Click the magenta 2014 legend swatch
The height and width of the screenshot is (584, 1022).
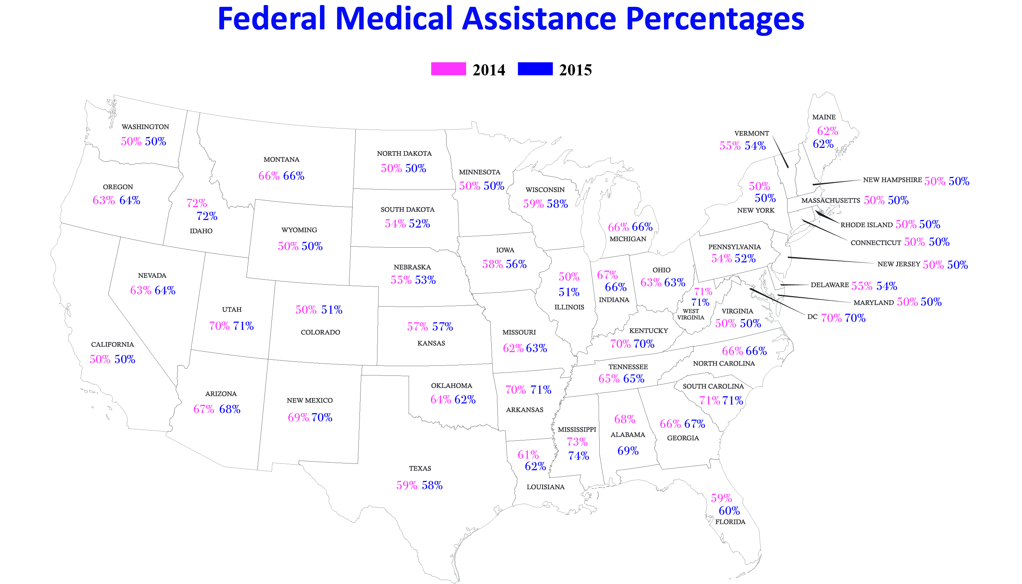pos(448,69)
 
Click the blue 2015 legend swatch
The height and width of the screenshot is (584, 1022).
pos(535,69)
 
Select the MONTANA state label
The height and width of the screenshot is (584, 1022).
pos(281,160)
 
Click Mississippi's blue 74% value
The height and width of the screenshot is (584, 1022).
pos(578,456)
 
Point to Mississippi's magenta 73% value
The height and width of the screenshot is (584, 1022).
pos(577,442)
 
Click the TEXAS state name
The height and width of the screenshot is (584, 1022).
pos(420,468)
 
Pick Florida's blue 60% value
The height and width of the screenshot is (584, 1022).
pos(729,511)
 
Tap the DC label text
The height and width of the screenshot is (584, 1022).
pos(812,317)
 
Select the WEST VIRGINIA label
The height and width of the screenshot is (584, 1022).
pos(691,314)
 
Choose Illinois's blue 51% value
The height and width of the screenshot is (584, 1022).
pos(568,293)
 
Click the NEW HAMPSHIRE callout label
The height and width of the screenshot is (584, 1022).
pos(892,180)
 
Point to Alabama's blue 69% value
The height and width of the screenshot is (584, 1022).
pos(628,451)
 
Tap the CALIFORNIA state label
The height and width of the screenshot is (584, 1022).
pos(112,345)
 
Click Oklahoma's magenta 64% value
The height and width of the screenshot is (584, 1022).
pos(441,400)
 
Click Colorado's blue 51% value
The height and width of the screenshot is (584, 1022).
pos(331,310)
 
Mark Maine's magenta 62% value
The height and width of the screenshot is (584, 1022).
pos(827,131)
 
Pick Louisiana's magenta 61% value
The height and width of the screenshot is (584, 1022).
pos(528,455)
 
